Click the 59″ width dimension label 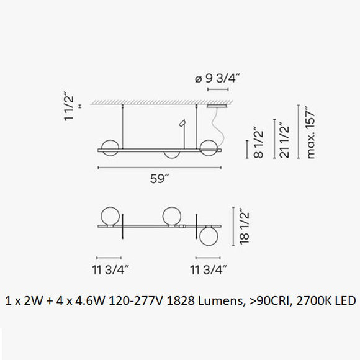tap(160, 179)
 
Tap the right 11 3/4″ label tap(207, 269)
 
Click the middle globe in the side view tap(172, 156)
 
